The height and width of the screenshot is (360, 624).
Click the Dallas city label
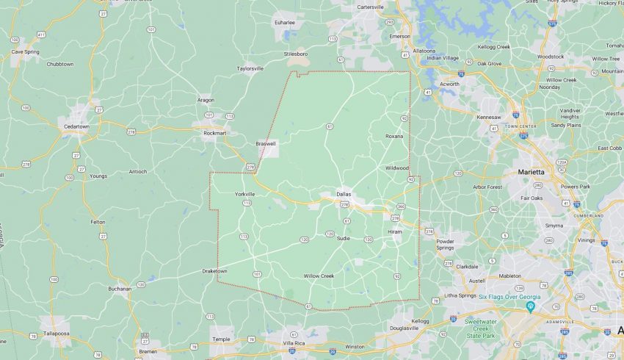(x=344, y=194)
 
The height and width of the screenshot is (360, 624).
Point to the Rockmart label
(x=214, y=133)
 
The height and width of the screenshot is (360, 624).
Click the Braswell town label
(x=266, y=143)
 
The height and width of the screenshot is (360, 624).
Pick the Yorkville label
(x=244, y=194)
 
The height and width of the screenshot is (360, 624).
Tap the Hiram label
(x=396, y=232)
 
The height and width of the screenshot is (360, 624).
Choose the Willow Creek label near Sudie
(x=319, y=276)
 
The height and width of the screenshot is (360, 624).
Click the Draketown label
(x=214, y=271)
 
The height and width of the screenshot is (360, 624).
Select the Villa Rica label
(x=294, y=343)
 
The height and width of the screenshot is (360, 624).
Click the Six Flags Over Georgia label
(x=509, y=297)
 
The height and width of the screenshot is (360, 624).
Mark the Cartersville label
(x=370, y=7)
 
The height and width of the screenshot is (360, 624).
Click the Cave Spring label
(x=26, y=52)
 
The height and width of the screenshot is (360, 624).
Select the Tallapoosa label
(x=55, y=332)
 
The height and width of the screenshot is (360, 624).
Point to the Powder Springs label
(x=446, y=245)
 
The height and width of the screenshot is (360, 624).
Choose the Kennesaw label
(x=488, y=117)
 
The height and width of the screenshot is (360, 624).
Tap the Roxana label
(x=395, y=136)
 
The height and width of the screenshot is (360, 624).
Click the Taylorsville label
(x=250, y=68)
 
